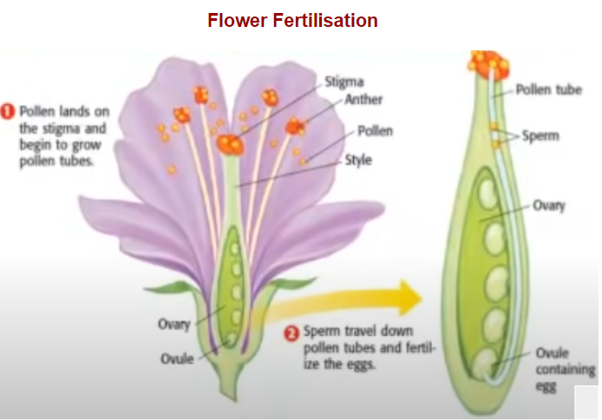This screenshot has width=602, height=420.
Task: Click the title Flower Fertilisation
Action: tap(292, 20)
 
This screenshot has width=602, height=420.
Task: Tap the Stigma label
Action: tap(344, 82)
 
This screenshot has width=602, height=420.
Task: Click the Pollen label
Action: tap(375, 131)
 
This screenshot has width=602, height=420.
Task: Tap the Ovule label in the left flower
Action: tap(177, 358)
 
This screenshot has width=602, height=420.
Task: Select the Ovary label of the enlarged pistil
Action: tap(549, 206)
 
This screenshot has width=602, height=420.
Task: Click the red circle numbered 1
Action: tap(8, 111)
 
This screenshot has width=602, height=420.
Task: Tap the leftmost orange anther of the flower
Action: tap(181, 115)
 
